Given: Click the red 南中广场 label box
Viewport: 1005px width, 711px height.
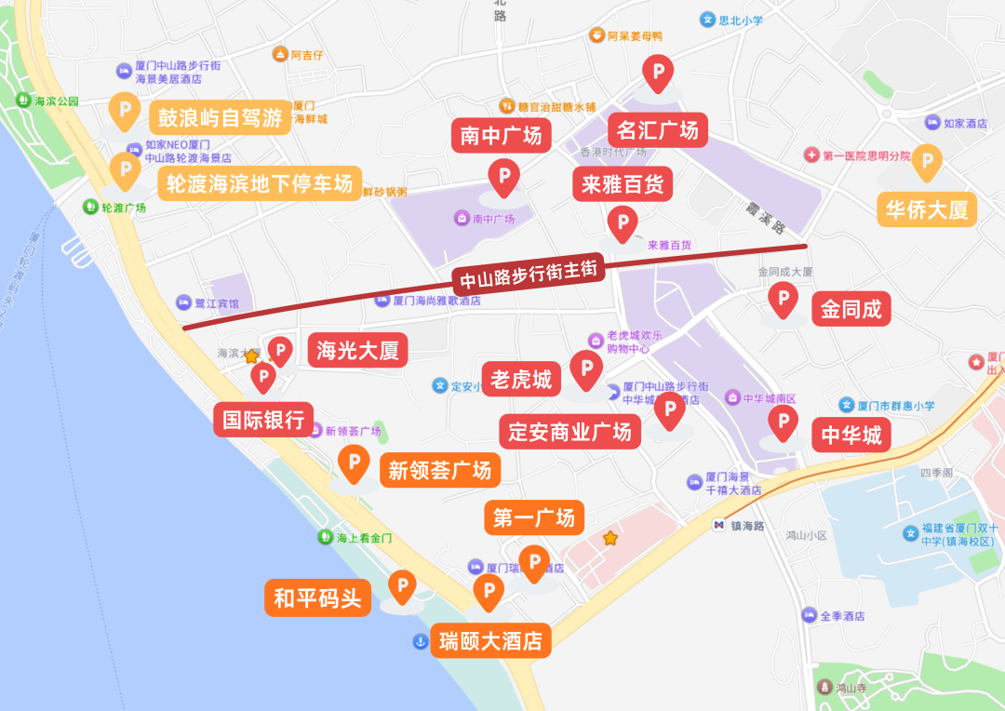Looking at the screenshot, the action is [501, 136].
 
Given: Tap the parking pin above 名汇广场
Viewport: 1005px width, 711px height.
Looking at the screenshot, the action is [659, 72].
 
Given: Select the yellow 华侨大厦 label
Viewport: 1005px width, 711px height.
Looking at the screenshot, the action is [926, 209].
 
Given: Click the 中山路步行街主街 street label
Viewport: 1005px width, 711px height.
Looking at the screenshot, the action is [529, 275].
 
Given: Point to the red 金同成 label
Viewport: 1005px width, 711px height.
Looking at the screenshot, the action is [851, 309].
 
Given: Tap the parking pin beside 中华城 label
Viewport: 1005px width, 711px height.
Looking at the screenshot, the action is [783, 423].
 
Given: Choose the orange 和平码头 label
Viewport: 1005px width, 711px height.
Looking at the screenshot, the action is [317, 597].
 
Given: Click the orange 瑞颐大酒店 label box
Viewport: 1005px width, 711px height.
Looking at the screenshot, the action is [490, 641].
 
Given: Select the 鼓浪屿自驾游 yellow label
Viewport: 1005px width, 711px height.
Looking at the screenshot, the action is [220, 118].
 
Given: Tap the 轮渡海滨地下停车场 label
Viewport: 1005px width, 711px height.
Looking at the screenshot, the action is [260, 184].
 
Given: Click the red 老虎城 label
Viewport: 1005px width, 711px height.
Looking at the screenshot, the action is [521, 379].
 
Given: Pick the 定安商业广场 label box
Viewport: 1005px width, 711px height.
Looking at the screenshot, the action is [569, 431].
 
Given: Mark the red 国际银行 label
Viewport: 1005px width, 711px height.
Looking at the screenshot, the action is [263, 420].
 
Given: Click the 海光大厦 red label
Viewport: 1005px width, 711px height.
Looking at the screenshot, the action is [357, 351].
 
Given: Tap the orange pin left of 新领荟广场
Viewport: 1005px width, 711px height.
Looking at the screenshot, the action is [354, 463].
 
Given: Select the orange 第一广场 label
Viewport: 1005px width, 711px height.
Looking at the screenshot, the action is [534, 517].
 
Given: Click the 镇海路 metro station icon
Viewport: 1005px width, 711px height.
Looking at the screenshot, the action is [718, 525].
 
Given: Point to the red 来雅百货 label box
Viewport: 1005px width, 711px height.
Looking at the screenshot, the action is [622, 184].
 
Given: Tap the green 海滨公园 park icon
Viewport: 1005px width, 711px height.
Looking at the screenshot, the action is [23, 101].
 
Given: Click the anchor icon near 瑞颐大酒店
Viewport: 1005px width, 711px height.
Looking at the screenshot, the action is [420, 641].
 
